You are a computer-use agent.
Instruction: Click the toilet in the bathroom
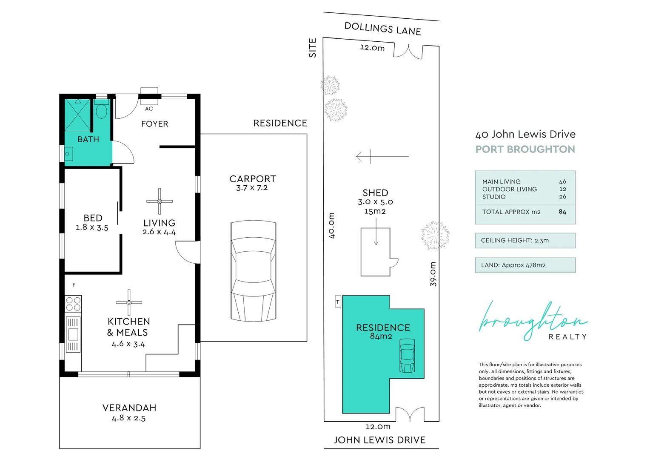pyautogui.click(x=101, y=111)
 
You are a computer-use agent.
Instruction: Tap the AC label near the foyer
pyautogui.click(x=149, y=109)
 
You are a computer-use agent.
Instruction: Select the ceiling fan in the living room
pyautogui.click(x=160, y=201)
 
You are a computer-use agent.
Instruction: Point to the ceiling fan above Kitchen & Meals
pyautogui.click(x=129, y=302)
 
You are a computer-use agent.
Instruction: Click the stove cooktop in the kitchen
pyautogui.click(x=73, y=304)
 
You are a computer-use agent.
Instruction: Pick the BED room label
pyautogui.click(x=93, y=218)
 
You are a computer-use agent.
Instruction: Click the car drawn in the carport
pyautogui.click(x=254, y=270)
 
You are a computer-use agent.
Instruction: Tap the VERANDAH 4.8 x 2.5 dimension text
pyautogui.click(x=128, y=418)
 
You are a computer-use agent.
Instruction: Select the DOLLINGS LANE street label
pyautogui.click(x=382, y=29)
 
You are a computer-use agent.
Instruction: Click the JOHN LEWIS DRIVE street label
pyautogui.click(x=379, y=440)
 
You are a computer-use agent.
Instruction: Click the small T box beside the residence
pyautogui.click(x=338, y=302)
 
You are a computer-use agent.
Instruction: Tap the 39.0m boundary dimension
pyautogui.click(x=433, y=274)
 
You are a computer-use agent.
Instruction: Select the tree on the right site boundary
pyautogui.click(x=435, y=235)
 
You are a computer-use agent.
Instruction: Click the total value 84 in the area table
pyautogui.click(x=562, y=212)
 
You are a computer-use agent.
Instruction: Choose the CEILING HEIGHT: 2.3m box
pyautogui.click(x=525, y=241)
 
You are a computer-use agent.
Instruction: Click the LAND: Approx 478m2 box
pyautogui.click(x=525, y=265)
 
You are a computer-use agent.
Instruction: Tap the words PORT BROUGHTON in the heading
pyautogui.click(x=525, y=149)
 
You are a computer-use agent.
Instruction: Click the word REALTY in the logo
pyautogui.click(x=567, y=337)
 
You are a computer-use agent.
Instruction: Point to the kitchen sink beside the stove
pyautogui.click(x=73, y=334)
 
